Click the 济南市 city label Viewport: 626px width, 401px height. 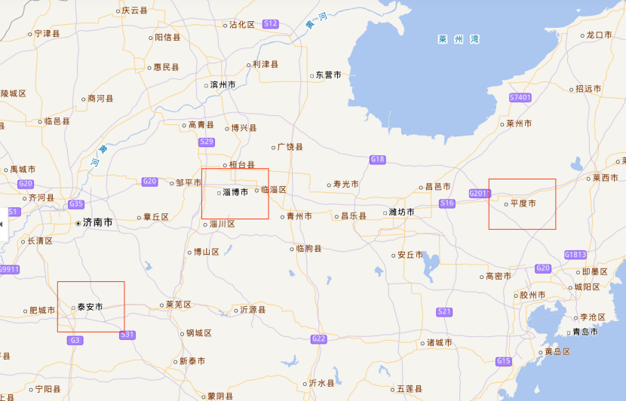tap(97, 223)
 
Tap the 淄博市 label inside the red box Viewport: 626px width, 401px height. tap(235, 192)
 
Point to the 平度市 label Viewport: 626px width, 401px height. tap(523, 204)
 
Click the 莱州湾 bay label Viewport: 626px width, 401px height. tap(459, 39)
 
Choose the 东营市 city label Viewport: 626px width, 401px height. tap(328, 75)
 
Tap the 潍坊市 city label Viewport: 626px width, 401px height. tap(400, 212)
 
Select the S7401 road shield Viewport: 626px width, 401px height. tap(520, 98)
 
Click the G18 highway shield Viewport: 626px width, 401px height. tap(378, 159)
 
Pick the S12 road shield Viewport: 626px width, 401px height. tap(271, 24)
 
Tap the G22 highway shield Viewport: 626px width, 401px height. tap(318, 338)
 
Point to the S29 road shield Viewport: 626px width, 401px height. tap(207, 142)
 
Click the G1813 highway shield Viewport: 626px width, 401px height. tap(575, 255)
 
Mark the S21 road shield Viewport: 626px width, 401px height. tap(444, 311)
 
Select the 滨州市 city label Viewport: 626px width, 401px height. tap(222, 84)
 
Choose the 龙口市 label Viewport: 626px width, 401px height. tap(603, 35)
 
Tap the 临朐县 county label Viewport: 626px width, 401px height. tap(308, 248)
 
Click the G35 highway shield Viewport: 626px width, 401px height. tap(76, 204)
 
